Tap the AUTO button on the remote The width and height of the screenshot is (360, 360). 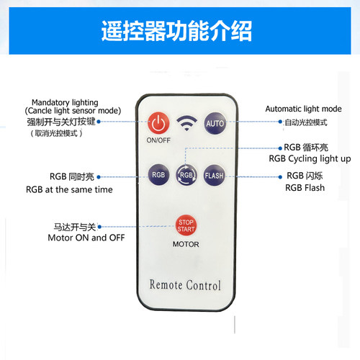pyautogui.click(x=215, y=123)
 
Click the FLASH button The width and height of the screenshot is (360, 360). pyautogui.click(x=214, y=176)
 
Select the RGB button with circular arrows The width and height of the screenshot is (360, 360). pyautogui.click(x=186, y=175)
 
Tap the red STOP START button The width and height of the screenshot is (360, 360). pyautogui.click(x=186, y=225)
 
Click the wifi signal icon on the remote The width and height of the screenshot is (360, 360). pyautogui.click(x=186, y=123)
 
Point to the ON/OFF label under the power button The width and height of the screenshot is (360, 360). pyautogui.click(x=158, y=140)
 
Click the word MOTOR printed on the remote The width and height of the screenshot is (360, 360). pyautogui.click(x=186, y=244)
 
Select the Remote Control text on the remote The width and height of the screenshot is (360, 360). pyautogui.click(x=185, y=285)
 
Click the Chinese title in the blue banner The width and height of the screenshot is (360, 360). pyautogui.click(x=176, y=31)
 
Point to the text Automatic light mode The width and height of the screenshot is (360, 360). pyautogui.click(x=303, y=109)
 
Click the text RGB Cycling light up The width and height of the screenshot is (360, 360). pyautogui.click(x=310, y=159)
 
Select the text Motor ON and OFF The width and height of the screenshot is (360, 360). pyautogui.click(x=86, y=238)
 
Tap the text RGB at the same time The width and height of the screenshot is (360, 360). pyautogui.click(x=69, y=189)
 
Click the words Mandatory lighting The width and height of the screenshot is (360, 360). pyautogui.click(x=65, y=103)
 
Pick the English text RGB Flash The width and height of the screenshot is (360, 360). pyautogui.click(x=305, y=188)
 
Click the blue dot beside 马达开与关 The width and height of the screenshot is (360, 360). pyautogui.click(x=99, y=227)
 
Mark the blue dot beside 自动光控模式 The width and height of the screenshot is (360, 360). pyautogui.click(x=280, y=122)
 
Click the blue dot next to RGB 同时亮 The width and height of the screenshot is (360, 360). pyautogui.click(x=99, y=177)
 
